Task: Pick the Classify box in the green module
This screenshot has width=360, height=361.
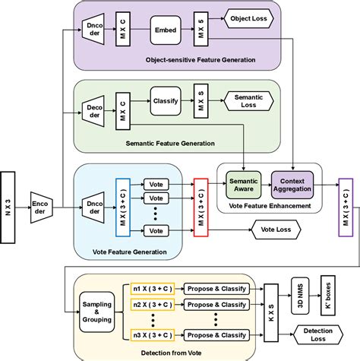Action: [x=166, y=100]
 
